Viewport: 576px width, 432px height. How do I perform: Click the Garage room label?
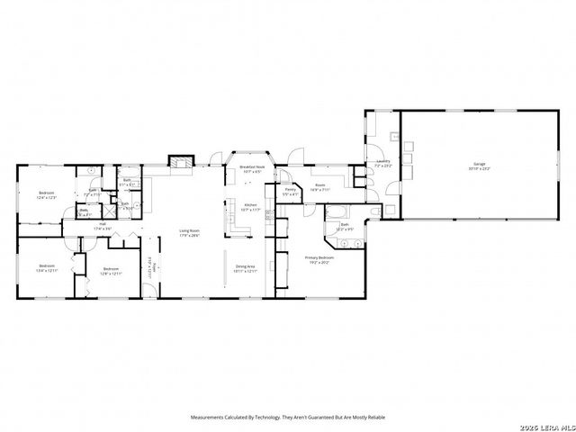pyautogui.click(x=474, y=163)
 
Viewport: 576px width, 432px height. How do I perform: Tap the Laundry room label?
pyautogui.click(x=382, y=163)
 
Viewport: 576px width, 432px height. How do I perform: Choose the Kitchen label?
pyautogui.click(x=251, y=205)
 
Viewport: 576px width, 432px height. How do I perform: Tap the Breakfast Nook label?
pyautogui.click(x=251, y=166)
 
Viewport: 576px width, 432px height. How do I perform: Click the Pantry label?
pyautogui.click(x=291, y=189)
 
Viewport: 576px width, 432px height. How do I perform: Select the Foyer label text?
pyautogui.click(x=153, y=266)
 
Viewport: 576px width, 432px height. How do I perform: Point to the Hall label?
pyautogui.click(x=103, y=223)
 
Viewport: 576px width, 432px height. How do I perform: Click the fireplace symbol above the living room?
pyautogui.click(x=181, y=162)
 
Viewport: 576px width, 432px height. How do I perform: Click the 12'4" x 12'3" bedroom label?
pyautogui.click(x=47, y=194)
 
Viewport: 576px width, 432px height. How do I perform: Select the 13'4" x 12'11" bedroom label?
pyautogui.click(x=47, y=267)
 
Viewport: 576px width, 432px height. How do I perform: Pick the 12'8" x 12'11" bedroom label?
pyautogui.click(x=111, y=269)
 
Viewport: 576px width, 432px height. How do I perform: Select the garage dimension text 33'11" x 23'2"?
pyautogui.click(x=474, y=168)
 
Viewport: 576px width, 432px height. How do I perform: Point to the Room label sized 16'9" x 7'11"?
pyautogui.click(x=319, y=187)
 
